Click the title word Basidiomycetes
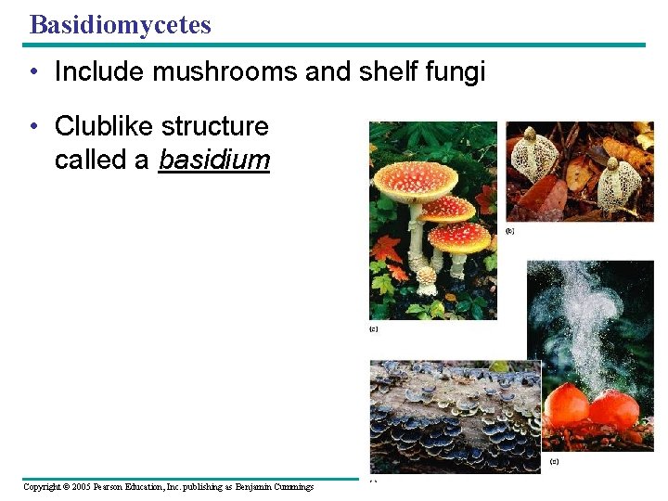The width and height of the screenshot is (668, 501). [x=121, y=24]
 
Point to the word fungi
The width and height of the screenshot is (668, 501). [x=456, y=72]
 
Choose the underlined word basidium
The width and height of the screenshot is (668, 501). [x=214, y=160]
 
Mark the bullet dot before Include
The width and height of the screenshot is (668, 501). [x=34, y=73]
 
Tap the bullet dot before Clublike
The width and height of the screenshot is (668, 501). [x=34, y=127]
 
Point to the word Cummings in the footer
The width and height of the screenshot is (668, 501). [x=288, y=486]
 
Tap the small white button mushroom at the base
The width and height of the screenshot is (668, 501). [x=427, y=276]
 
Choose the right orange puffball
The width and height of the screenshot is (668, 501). [x=614, y=408]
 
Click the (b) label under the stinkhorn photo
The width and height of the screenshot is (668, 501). [x=510, y=230]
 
